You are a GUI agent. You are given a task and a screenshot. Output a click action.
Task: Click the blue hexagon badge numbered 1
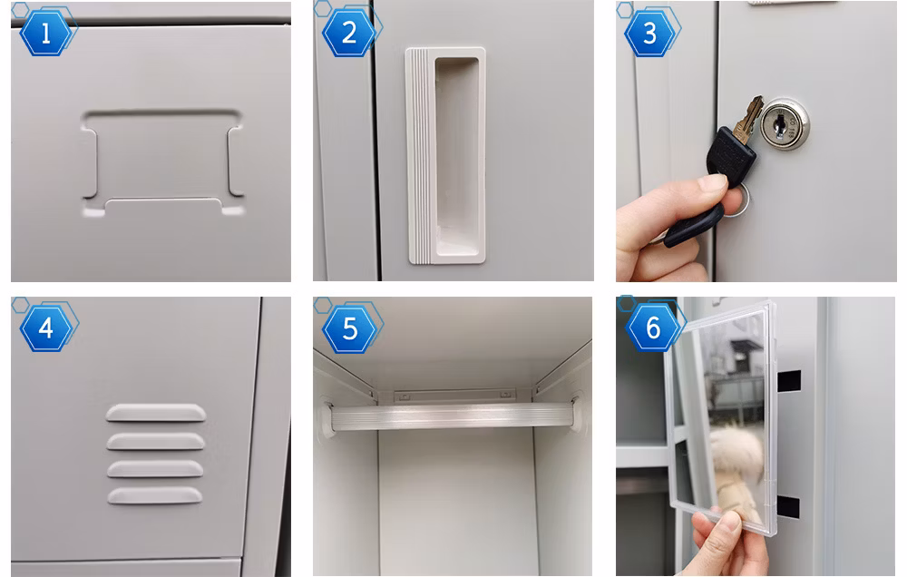point(45,33)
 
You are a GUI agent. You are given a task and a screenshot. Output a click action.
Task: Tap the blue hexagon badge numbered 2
point(349,33)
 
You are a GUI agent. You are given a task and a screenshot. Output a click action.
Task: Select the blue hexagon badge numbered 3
point(650,33)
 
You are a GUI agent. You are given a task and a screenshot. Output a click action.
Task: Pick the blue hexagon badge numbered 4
point(45,328)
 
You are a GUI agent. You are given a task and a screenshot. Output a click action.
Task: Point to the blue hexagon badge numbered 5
point(349,328)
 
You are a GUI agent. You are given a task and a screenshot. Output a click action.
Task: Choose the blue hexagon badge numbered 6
point(653,328)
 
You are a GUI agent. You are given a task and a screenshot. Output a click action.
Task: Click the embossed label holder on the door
point(162,162)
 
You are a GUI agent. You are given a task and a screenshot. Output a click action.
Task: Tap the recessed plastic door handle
point(445,156)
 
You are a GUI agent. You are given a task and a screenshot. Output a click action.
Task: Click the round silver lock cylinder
point(785,124)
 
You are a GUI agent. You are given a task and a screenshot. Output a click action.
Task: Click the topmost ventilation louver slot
point(156,412)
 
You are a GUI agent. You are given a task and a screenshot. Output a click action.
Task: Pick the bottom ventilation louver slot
point(154,495)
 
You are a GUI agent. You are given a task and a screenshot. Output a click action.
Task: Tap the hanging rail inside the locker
point(453,416)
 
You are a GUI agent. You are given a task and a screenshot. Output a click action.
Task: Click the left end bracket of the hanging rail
point(327,417)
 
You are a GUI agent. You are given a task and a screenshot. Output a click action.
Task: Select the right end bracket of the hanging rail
point(577,412)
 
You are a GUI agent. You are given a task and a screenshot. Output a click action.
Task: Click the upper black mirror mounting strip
point(788,381)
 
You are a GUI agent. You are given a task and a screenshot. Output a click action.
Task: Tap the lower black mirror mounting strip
point(788,507)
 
